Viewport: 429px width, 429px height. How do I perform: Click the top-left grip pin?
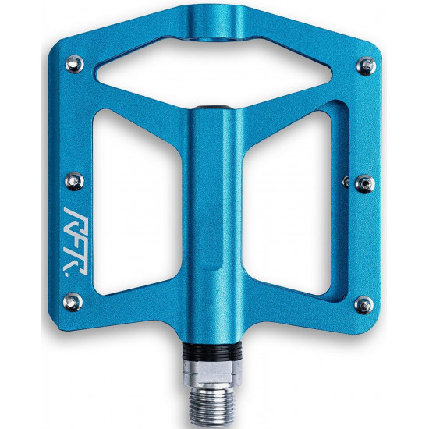pos(75,64)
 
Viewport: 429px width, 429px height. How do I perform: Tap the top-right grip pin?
pos(366,66)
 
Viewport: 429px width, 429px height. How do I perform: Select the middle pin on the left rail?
pos(74,181)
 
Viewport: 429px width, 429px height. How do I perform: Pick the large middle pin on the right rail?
pos(365,184)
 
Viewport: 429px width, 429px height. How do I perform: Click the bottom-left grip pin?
pos(73,302)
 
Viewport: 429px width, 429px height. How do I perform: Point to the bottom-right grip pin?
pos(364,305)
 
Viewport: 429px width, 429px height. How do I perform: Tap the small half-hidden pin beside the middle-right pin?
pos(346,182)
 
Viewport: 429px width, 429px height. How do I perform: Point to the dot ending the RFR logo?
pos(67,273)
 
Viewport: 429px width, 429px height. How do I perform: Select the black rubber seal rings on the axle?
pos(212,351)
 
